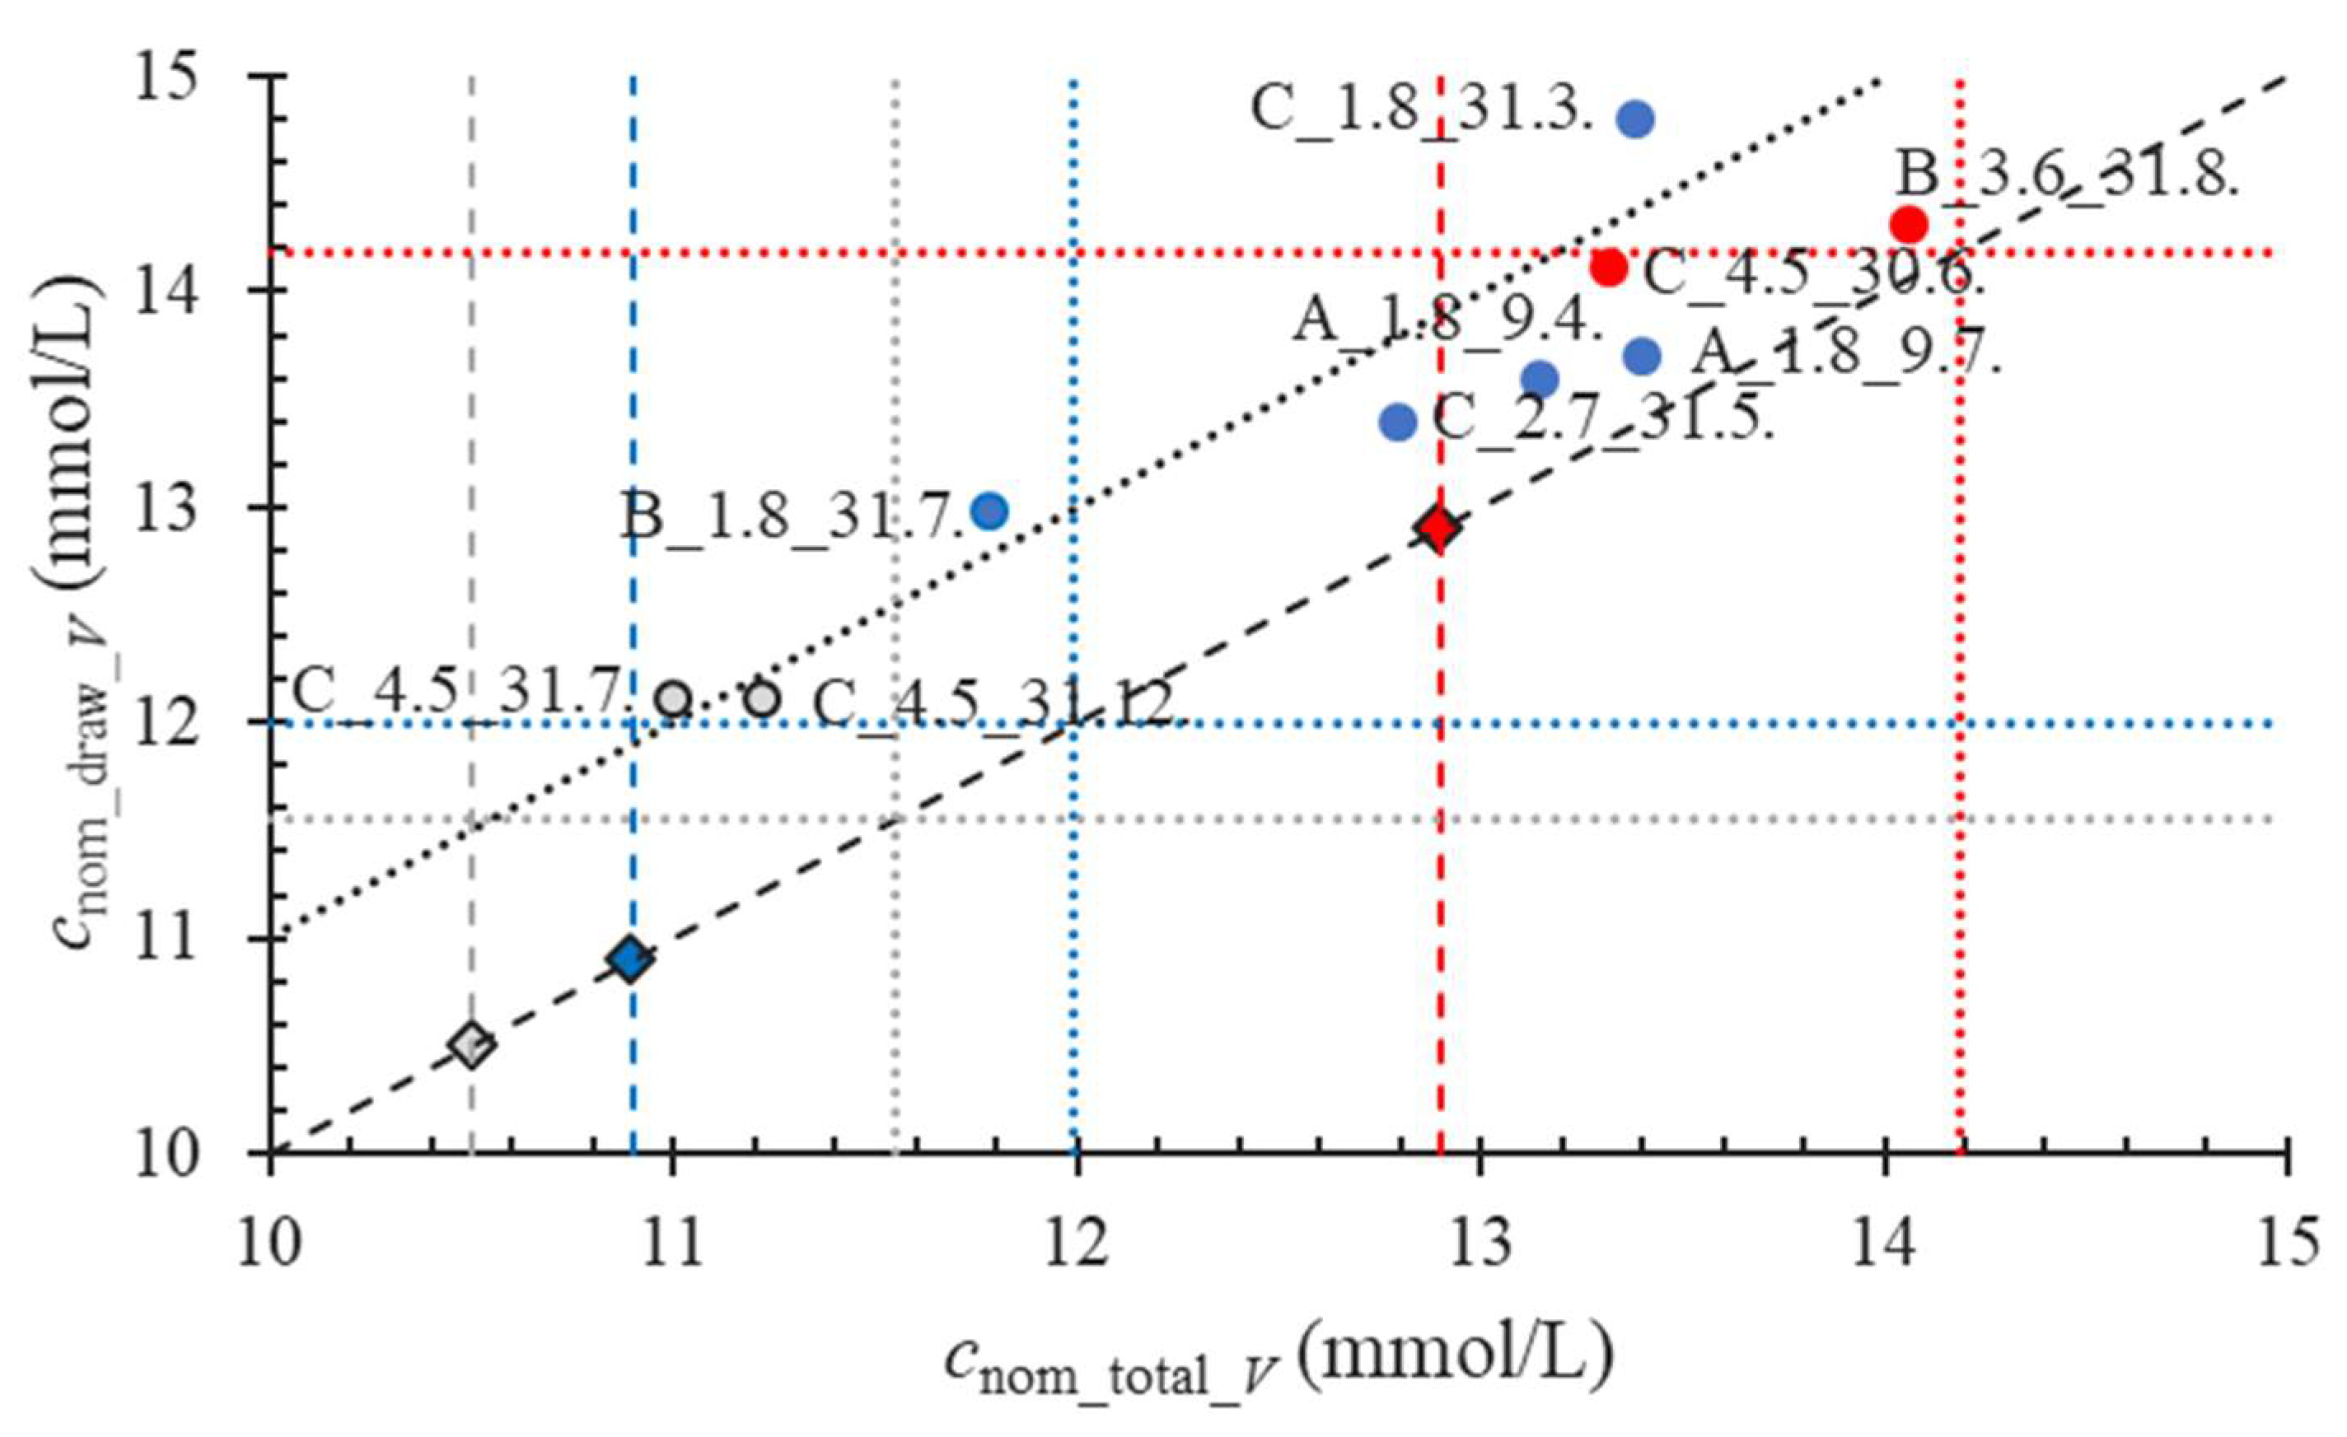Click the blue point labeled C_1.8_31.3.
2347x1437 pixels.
pos(1635,119)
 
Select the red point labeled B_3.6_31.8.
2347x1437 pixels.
pos(1909,225)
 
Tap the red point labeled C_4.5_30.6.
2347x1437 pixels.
pos(1609,267)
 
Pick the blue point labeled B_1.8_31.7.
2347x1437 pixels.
pos(989,511)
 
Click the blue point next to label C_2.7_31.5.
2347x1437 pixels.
pos(1397,421)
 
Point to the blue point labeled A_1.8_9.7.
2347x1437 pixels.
pos(1642,357)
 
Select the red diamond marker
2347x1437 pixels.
pos(1438,526)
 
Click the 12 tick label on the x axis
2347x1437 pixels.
pos(1077,1244)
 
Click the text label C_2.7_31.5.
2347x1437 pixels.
pos(1602,419)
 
